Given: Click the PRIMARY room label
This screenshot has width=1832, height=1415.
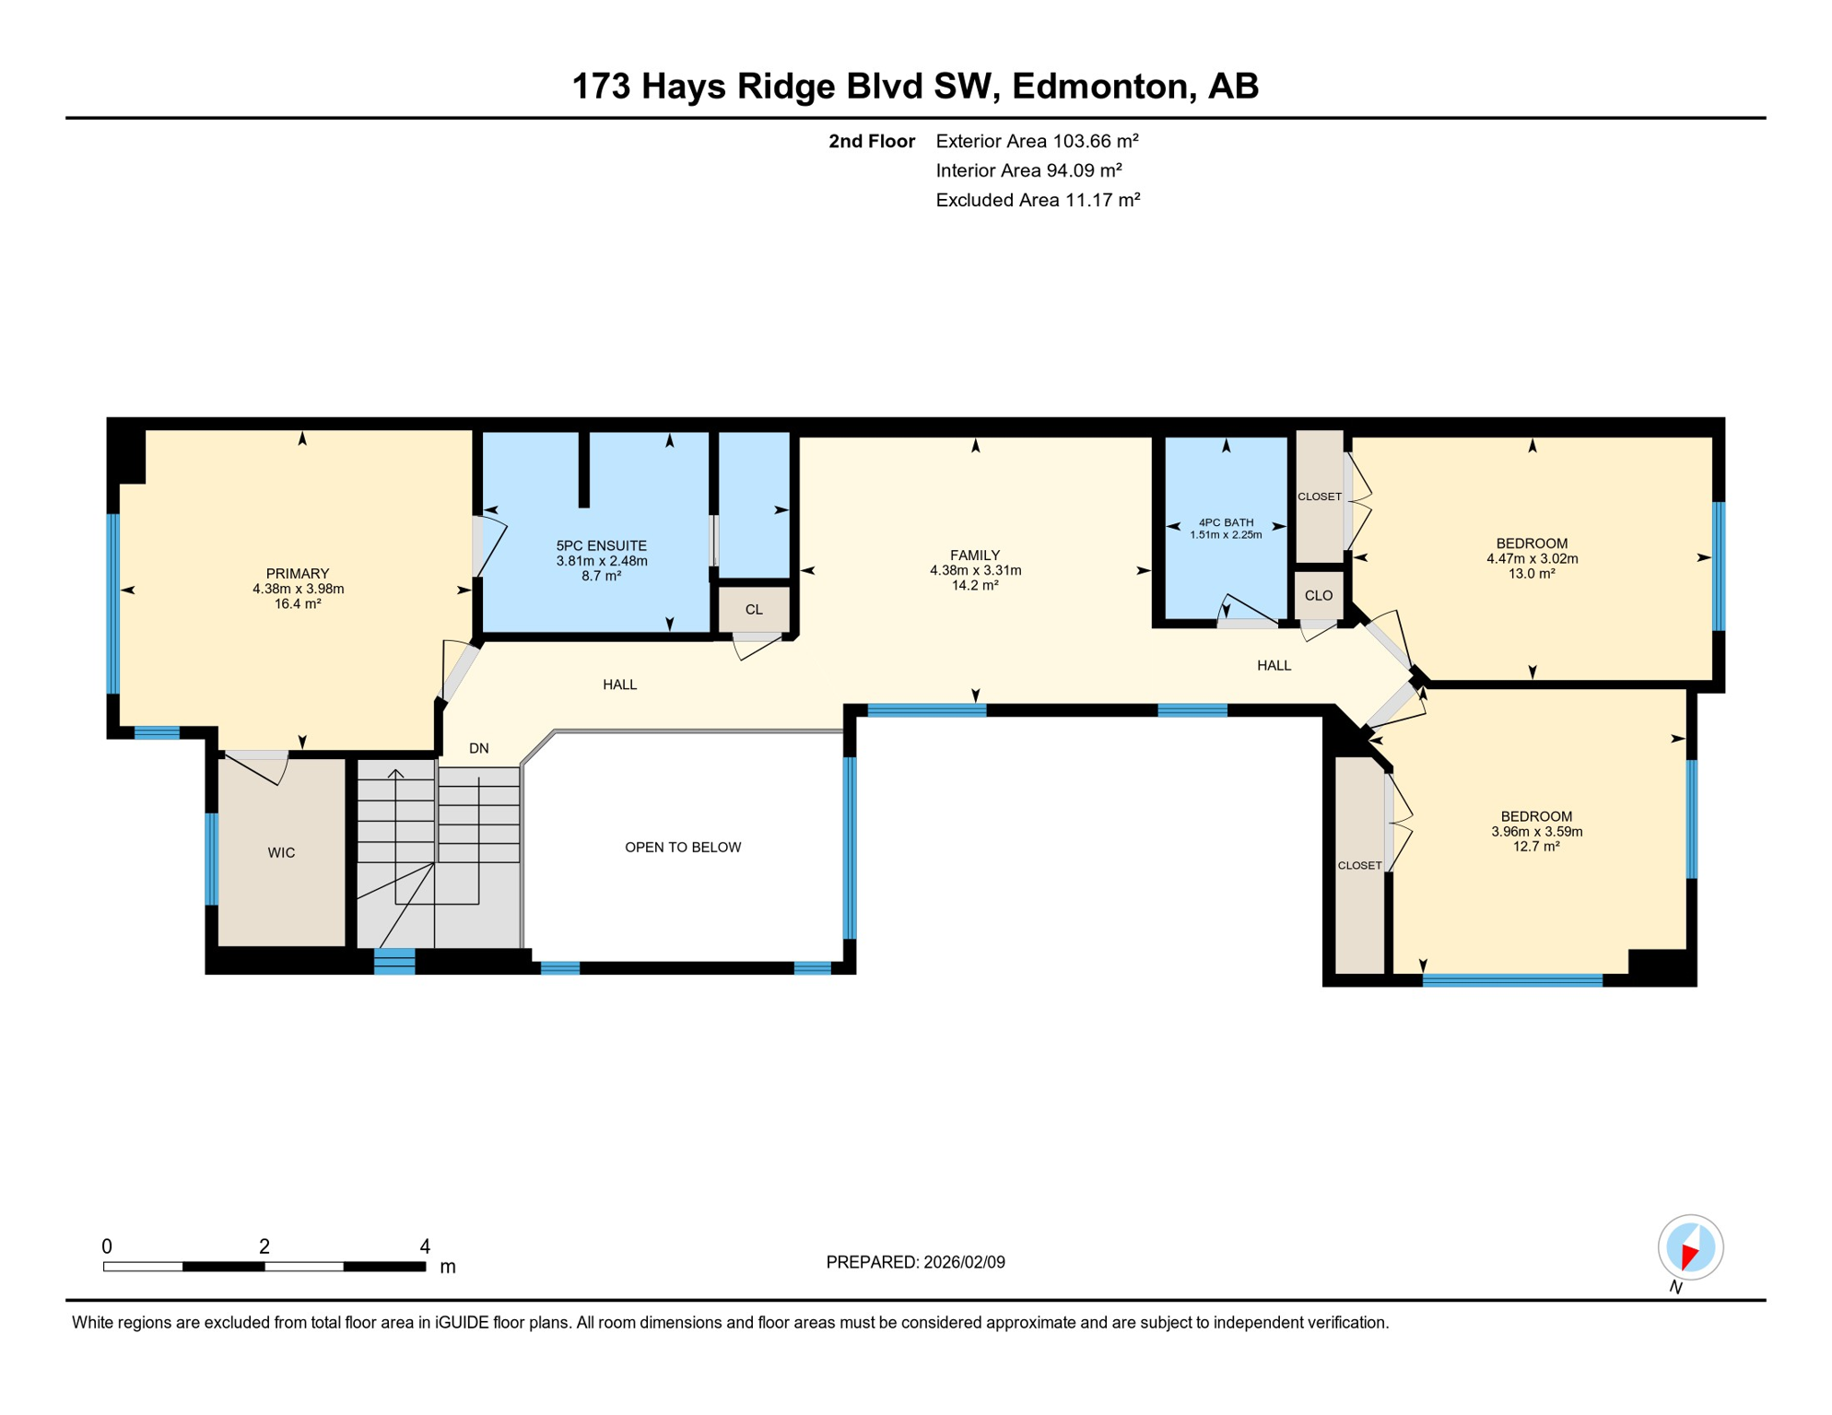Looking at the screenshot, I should tap(298, 574).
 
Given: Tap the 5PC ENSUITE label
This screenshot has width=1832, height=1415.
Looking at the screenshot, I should tap(601, 546).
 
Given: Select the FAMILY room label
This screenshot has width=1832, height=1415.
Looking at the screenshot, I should tap(975, 555).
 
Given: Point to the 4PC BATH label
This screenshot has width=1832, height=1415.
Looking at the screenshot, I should tap(1226, 522).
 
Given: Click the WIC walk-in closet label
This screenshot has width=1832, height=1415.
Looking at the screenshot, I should tap(281, 853).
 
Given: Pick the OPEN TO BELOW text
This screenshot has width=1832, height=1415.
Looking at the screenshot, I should tap(683, 848).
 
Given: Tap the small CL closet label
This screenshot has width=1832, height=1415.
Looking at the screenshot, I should tap(754, 610).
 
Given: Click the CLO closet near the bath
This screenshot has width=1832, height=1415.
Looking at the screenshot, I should tap(1318, 596).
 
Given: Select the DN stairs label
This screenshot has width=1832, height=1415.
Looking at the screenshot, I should tap(478, 749).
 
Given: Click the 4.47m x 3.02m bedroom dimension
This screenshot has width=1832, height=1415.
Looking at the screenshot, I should tap(1532, 559).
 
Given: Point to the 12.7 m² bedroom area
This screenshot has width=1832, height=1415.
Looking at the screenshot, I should tap(1535, 847).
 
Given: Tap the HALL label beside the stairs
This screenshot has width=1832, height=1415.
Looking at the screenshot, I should tap(619, 684).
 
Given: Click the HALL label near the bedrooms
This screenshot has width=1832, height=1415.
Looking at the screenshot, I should tap(1274, 665).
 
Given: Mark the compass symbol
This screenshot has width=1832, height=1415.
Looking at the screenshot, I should tap(1690, 1247).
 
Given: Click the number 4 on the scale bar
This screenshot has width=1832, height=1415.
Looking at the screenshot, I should tap(425, 1246).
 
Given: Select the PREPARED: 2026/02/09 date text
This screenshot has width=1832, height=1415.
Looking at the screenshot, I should tap(915, 1262).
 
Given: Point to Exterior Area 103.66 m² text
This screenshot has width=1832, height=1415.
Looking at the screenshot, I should tap(1037, 141).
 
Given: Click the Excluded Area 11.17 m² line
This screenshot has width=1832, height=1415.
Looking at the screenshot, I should tap(1038, 200).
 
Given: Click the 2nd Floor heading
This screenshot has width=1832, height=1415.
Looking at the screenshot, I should tap(871, 141).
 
